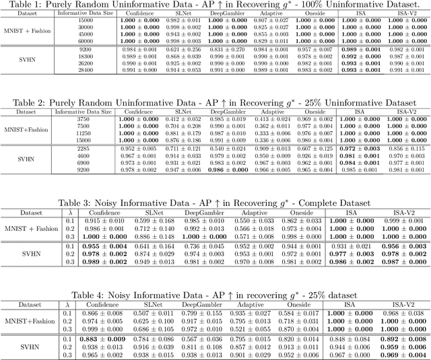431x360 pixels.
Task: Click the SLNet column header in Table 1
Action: (x=174, y=14)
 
